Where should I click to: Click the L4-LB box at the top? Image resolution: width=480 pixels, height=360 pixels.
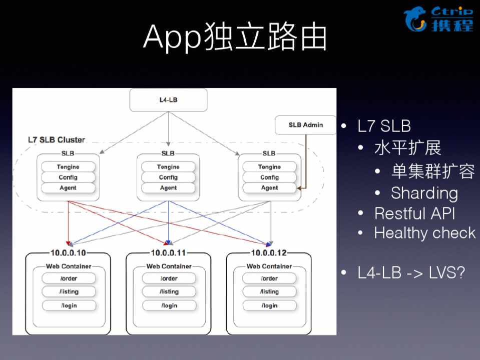[x=168, y=100]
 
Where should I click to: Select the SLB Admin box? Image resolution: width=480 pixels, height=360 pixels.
[x=306, y=125]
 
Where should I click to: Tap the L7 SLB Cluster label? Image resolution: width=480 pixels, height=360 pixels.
[x=56, y=139]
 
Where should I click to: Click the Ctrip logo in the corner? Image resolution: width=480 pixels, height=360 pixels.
[x=438, y=19]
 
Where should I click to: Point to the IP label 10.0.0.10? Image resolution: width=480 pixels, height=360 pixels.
[x=69, y=253]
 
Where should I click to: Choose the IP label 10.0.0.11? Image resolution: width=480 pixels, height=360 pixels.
[x=169, y=253]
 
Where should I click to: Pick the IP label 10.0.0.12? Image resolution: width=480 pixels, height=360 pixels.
[x=269, y=253]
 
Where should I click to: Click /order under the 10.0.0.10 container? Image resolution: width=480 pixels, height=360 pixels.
[x=69, y=278]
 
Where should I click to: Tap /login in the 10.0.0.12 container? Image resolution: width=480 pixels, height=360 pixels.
[x=269, y=305]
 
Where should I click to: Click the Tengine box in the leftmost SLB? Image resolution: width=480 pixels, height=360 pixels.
[x=68, y=167]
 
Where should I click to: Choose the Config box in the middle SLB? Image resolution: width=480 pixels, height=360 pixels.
[x=168, y=177]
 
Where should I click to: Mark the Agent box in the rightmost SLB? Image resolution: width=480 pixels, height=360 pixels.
[x=269, y=188]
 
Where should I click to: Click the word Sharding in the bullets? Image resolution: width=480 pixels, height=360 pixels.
[x=424, y=193]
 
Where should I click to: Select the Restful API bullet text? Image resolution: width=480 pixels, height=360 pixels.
[x=415, y=213]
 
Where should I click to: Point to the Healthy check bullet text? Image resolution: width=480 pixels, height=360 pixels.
[x=424, y=233]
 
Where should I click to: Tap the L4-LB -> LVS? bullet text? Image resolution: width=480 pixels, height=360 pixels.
[x=411, y=273]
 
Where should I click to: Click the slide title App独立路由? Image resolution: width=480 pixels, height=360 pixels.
[x=235, y=37]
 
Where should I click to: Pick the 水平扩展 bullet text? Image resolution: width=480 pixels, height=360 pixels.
[x=408, y=148]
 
